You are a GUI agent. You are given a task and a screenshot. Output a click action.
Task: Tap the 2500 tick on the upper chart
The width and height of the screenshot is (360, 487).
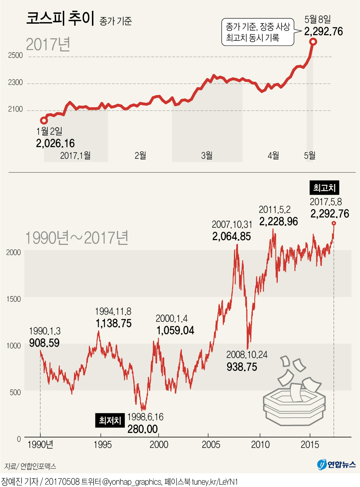pyautogui.click(x=16, y=55)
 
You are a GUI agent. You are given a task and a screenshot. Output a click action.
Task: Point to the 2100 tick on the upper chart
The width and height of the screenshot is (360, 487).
pyautogui.click(x=16, y=109)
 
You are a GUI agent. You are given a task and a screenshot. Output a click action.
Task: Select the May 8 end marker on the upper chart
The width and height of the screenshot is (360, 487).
pyautogui.click(x=313, y=42)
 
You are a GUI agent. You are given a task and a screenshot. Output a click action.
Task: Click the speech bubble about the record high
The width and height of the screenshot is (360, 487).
pyautogui.click(x=258, y=32)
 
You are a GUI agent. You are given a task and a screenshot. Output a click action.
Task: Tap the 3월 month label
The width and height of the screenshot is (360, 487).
pyautogui.click(x=207, y=156)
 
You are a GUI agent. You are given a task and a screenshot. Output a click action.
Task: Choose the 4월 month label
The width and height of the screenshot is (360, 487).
pyautogui.click(x=273, y=156)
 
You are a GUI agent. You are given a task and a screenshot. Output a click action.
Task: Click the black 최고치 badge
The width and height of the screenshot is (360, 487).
pyautogui.click(x=324, y=188)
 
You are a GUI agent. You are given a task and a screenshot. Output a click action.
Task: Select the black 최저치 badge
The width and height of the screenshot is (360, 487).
pyautogui.click(x=110, y=420)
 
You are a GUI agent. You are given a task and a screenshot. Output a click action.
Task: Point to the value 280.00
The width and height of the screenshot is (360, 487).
pyautogui.click(x=143, y=429)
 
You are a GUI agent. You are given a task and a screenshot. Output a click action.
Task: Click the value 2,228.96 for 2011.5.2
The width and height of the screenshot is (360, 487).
pyautogui.click(x=279, y=222)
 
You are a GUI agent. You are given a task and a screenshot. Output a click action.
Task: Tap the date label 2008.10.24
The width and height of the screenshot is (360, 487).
pyautogui.click(x=247, y=355)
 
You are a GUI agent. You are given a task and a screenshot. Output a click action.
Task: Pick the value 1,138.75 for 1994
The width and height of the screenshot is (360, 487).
pyautogui.click(x=114, y=323)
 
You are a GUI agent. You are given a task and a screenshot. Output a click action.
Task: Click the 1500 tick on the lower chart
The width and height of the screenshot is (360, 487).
pyautogui.click(x=14, y=299)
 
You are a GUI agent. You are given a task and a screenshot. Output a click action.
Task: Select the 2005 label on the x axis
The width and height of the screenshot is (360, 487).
pyautogui.click(x=211, y=444)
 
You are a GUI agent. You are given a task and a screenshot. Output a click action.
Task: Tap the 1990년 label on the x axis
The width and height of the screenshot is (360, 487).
pyautogui.click(x=41, y=444)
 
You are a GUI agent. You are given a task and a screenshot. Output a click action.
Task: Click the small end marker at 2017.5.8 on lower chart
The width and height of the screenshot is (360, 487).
pyautogui.click(x=334, y=223)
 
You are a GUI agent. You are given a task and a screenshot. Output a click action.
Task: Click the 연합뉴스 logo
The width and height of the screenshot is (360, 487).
pyautogui.click(x=337, y=464)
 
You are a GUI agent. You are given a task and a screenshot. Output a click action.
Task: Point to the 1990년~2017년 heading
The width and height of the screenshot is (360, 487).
pyautogui.click(x=77, y=238)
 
